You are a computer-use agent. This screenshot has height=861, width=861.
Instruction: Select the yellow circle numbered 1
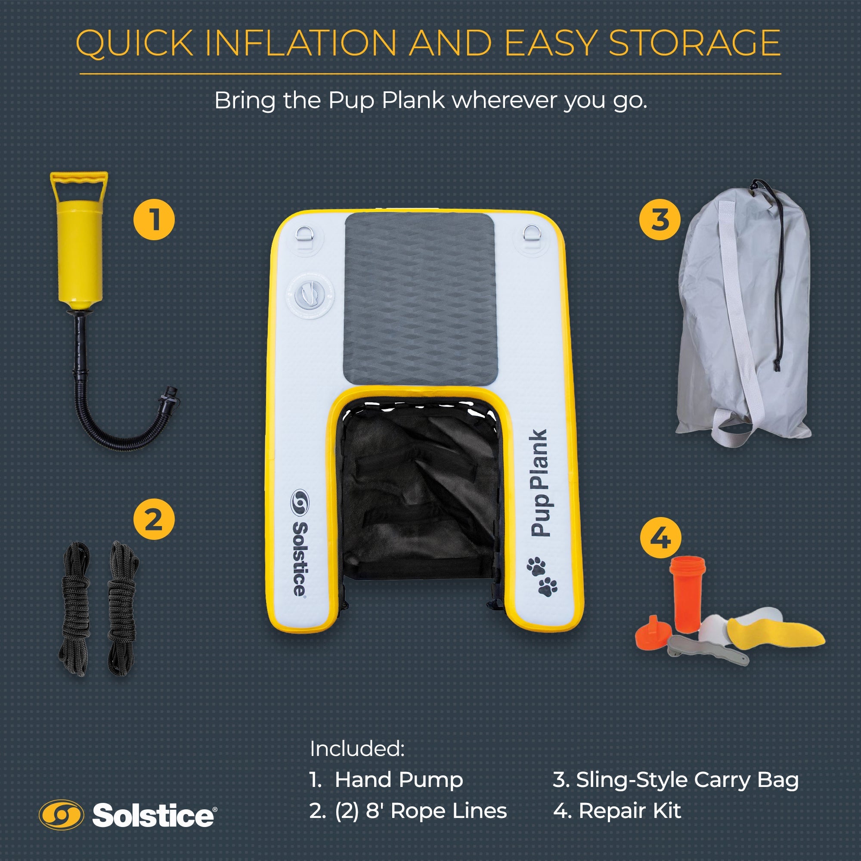pyautogui.click(x=154, y=219)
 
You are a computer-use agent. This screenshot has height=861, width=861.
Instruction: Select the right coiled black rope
pyautogui.click(x=122, y=608)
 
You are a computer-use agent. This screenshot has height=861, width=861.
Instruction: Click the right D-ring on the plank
pyautogui.click(x=530, y=234)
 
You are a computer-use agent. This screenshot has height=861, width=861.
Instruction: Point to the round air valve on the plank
pyautogui.click(x=310, y=294)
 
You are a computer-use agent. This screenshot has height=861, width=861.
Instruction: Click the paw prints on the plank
pyautogui.click(x=542, y=575)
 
